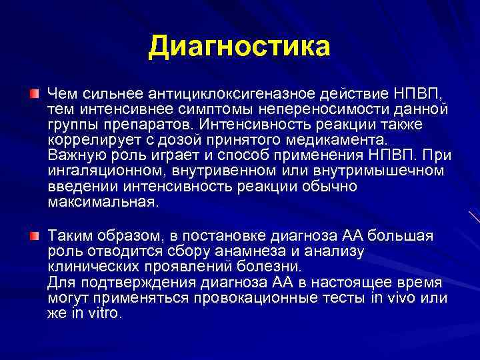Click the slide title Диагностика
[x=239, y=47]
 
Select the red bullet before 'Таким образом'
[x=34, y=235]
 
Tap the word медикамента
[x=319, y=140]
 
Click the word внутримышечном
[x=389, y=172]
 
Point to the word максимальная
[x=103, y=203]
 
